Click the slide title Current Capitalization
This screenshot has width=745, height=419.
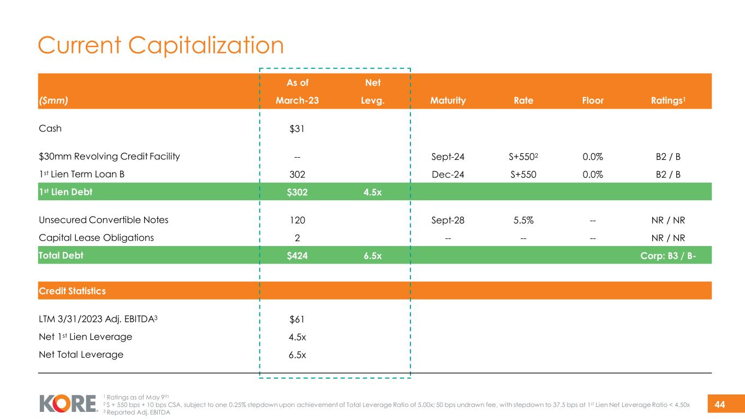[x=160, y=45]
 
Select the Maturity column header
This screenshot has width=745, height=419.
[x=448, y=101]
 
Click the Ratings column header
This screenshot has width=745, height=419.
[x=675, y=101]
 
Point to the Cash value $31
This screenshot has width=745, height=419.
[x=297, y=129]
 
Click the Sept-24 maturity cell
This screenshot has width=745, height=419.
[x=448, y=157]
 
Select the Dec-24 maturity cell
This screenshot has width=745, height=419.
[x=448, y=175]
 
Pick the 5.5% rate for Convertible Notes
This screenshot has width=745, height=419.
[x=523, y=220]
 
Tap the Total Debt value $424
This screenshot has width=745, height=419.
[x=297, y=255]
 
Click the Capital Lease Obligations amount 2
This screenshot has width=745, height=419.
[x=297, y=238]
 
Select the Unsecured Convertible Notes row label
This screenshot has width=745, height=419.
[x=104, y=220]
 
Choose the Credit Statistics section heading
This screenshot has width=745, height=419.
[x=72, y=291]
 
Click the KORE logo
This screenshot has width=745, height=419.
[x=68, y=404]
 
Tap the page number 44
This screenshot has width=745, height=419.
[x=719, y=404]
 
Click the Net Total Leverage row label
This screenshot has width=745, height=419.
[x=81, y=355]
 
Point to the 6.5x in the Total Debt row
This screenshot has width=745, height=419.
[x=373, y=255]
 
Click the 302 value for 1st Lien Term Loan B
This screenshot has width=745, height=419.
[x=297, y=175]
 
